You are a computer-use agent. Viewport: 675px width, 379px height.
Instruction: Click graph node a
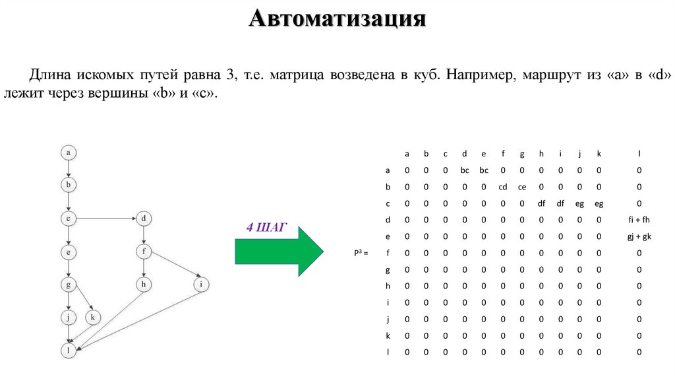(68, 153)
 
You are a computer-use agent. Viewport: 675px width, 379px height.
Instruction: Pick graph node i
(201, 285)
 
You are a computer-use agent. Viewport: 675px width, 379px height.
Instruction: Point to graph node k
(92, 318)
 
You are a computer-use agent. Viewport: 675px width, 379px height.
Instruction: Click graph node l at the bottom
(68, 351)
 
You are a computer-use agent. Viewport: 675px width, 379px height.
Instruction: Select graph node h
(143, 285)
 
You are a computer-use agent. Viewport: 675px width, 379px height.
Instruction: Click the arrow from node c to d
(105, 218)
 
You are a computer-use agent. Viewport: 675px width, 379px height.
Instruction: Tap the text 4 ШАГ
(267, 228)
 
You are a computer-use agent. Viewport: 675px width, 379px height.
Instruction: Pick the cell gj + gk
(639, 236)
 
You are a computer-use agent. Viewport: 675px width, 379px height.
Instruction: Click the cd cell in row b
(502, 187)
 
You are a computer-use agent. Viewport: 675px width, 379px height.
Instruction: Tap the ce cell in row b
(522, 187)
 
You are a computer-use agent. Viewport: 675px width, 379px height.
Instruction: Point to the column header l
(639, 154)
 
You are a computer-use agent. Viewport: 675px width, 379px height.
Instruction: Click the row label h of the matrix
(388, 286)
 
